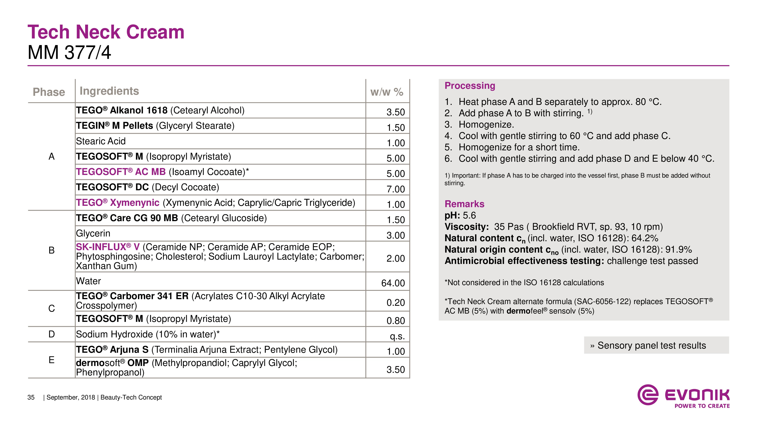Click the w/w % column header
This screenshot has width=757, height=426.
tap(386, 92)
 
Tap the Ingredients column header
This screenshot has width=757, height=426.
tap(109, 91)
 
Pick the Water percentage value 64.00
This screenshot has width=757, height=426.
tap(393, 283)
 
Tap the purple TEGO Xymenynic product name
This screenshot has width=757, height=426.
tap(118, 203)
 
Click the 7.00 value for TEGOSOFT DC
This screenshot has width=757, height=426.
tap(396, 189)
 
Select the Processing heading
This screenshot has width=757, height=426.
tap(470, 86)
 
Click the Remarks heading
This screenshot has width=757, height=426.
tap(464, 204)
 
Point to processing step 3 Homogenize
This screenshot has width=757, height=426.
tap(486, 125)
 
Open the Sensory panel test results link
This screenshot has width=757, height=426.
tap(651, 346)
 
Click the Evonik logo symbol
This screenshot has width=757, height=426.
tap(648, 395)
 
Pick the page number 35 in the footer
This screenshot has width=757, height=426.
tap(31, 397)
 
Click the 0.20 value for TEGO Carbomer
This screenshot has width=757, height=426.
tap(396, 303)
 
